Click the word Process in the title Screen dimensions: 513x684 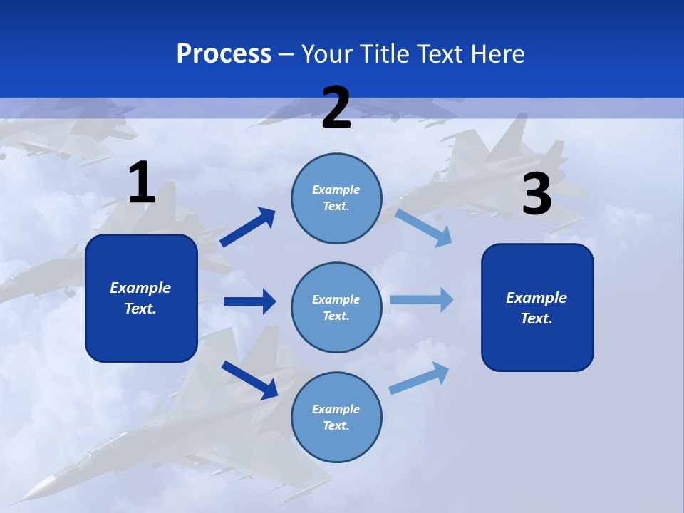tap(224, 54)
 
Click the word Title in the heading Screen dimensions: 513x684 tap(385, 54)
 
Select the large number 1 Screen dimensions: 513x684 tap(142, 183)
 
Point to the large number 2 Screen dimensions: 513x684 tap(336, 108)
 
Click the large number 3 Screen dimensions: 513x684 tap(537, 195)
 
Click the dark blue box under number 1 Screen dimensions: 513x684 tap(141, 298)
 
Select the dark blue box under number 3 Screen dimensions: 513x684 tap(537, 307)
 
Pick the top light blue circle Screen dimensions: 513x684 tap(336, 198)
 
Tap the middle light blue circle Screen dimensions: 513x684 tap(336, 308)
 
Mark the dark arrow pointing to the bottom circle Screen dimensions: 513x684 tap(249, 379)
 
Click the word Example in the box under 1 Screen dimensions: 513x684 tap(140, 288)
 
